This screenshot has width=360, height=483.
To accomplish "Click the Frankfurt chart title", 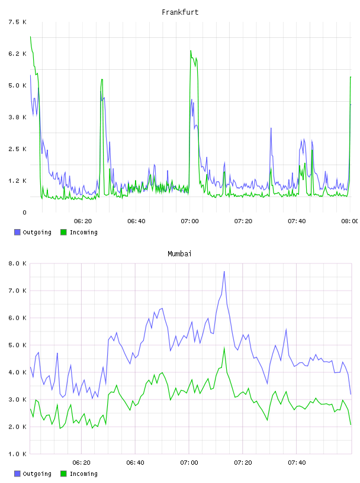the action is pyautogui.click(x=180, y=12).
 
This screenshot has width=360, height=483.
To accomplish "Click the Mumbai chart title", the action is pyautogui.click(x=179, y=254).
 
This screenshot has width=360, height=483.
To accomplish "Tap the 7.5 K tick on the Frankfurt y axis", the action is pyautogui.click(x=17, y=22).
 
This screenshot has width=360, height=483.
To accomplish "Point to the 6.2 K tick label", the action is pyautogui.click(x=17, y=54).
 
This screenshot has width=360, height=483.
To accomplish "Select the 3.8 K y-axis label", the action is pyautogui.click(x=17, y=117).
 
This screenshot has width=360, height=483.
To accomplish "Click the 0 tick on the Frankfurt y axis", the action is pyautogui.click(x=24, y=212).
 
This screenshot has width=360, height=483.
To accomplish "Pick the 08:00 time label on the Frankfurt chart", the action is pyautogui.click(x=350, y=221).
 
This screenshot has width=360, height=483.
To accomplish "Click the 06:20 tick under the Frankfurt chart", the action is pyautogui.click(x=83, y=221).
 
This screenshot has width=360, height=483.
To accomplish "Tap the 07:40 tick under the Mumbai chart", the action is pyautogui.click(x=297, y=463).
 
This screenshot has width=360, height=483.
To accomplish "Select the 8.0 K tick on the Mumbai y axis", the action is pyautogui.click(x=17, y=263).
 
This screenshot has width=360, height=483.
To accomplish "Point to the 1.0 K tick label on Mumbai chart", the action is pyautogui.click(x=17, y=454).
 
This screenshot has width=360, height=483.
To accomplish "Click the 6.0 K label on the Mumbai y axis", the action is pyautogui.click(x=17, y=318).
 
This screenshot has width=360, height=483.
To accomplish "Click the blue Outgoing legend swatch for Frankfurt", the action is pyautogui.click(x=17, y=232).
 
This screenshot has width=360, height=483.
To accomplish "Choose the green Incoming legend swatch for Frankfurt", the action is pyautogui.click(x=63, y=232).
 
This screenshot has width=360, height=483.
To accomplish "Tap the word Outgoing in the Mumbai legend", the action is pyautogui.click(x=37, y=474).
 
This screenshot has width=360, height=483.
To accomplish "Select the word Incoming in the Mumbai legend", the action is pyautogui.click(x=83, y=474).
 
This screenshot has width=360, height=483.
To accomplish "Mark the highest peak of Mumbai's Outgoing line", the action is pyautogui.click(x=224, y=271).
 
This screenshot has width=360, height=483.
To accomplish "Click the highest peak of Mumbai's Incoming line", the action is pyautogui.click(x=224, y=347).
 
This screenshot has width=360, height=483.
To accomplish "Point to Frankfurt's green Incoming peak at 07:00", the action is pyautogui.click(x=191, y=50).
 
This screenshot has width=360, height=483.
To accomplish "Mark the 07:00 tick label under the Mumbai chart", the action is pyautogui.click(x=189, y=463).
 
